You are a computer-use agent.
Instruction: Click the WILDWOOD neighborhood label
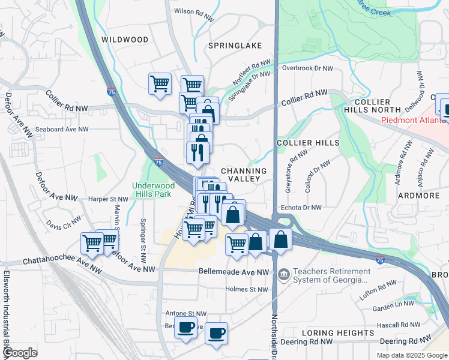click(x=125, y=40)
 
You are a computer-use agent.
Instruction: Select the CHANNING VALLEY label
click(x=244, y=175)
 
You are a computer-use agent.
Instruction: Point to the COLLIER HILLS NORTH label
click(x=372, y=106)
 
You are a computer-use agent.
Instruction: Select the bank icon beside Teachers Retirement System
click(x=283, y=274)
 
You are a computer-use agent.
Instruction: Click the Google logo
click(x=19, y=353)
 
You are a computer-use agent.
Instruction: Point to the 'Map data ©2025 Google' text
click(x=412, y=355)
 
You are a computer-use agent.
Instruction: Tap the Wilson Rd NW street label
click(x=194, y=11)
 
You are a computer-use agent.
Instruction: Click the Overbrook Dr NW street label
click(x=307, y=68)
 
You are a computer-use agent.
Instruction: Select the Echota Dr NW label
click(x=301, y=208)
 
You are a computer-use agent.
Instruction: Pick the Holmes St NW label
click(x=246, y=289)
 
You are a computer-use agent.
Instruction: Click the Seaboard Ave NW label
click(x=62, y=129)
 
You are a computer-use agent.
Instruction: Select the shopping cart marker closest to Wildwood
click(x=160, y=83)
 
